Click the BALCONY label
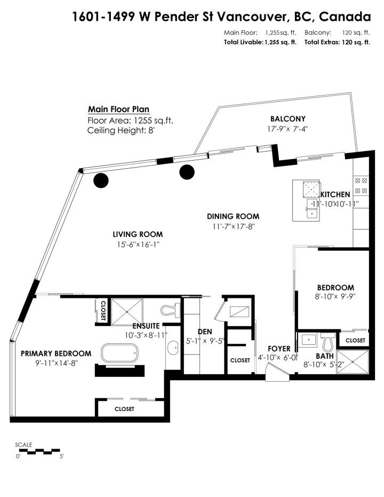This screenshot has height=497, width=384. point(287,119)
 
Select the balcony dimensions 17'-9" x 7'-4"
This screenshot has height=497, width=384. point(289,129)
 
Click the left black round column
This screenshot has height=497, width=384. point(101,181)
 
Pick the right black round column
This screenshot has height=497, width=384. point(187,172)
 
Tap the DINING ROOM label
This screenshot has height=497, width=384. point(233,216)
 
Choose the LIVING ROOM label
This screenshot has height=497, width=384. point(138,234)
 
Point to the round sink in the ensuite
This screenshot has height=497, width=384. point(173,350)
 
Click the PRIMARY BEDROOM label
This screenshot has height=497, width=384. point(55,353)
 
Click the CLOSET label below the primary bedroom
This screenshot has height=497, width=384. point(124,409)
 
